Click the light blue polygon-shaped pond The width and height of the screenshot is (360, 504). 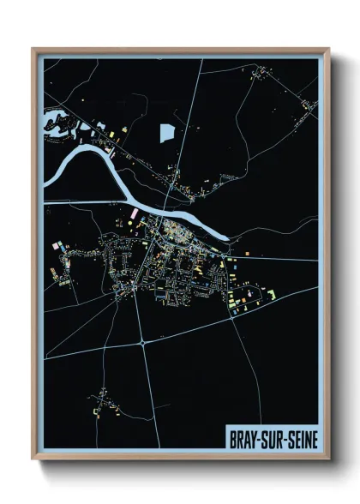(166, 133)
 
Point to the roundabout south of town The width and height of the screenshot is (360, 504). (141, 341)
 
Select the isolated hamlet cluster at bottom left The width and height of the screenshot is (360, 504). (103, 400)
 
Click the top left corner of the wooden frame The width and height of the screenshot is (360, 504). (33, 49)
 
